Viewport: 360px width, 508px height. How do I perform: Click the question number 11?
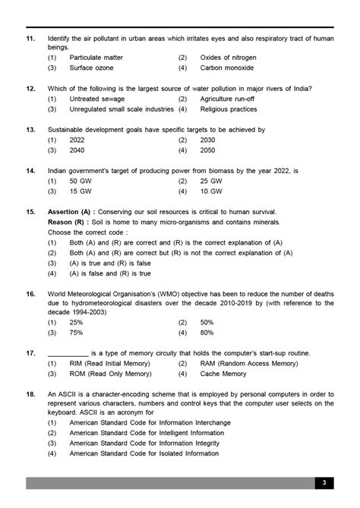pyautogui.click(x=30, y=37)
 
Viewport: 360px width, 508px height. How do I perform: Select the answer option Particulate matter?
pyautogui.click(x=96, y=57)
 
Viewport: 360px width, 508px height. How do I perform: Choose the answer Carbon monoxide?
pyautogui.click(x=228, y=68)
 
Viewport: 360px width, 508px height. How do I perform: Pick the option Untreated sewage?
pyautogui.click(x=95, y=99)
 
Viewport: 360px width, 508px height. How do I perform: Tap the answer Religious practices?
pyautogui.click(x=229, y=109)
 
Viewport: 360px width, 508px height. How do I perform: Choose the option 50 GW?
pyautogui.click(x=81, y=181)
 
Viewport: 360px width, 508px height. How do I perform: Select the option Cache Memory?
pyautogui.click(x=223, y=374)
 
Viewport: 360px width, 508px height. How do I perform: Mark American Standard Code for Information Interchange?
pyautogui.click(x=152, y=423)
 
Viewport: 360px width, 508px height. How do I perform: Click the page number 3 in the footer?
pyautogui.click(x=324, y=483)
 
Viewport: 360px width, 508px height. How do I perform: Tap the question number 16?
pyautogui.click(x=30, y=294)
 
